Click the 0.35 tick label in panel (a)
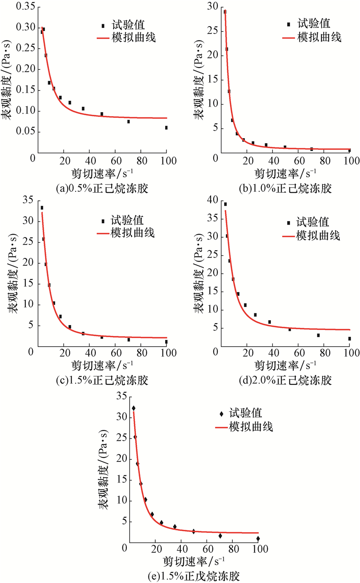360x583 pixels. pyautogui.click(x=24, y=7)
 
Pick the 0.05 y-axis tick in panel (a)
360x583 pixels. pyautogui.click(x=24, y=131)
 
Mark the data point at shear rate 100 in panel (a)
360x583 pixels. pyautogui.click(x=166, y=128)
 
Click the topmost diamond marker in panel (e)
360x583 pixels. pyautogui.click(x=133, y=408)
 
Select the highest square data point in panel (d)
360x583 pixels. pyautogui.click(x=225, y=204)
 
